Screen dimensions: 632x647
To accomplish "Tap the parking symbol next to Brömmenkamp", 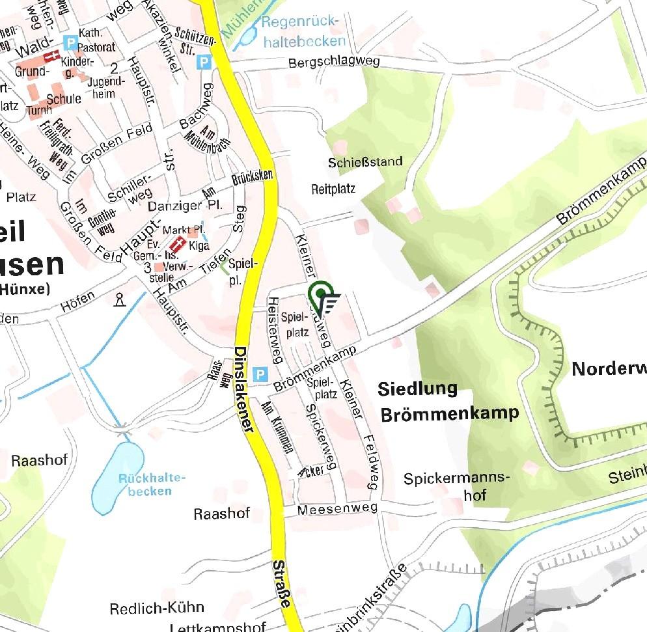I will click(260, 375).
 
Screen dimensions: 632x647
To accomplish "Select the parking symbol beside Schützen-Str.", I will click(204, 62).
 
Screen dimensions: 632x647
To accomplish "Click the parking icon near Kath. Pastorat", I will click(70, 43).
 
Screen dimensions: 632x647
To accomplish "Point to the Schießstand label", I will click(366, 161).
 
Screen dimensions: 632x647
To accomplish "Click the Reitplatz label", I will click(333, 189).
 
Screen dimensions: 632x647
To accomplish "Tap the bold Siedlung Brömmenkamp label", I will click(449, 401).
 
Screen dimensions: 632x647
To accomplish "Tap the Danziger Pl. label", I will click(186, 206).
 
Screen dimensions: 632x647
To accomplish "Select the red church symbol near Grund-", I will click(44, 70).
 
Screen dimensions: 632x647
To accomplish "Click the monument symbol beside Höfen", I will click(119, 299).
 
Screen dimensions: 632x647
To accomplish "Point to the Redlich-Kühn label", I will click(157, 609).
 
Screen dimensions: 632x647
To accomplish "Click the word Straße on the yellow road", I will click(281, 584).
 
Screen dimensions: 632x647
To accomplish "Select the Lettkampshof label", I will click(217, 627).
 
